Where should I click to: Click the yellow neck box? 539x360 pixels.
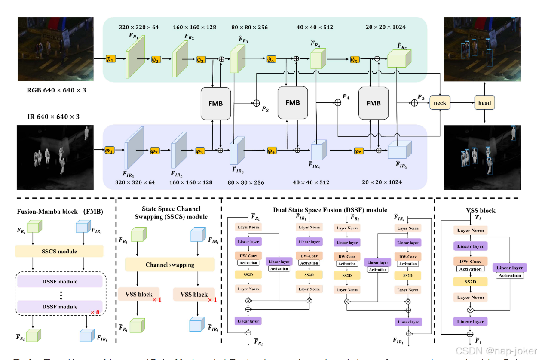tap(440, 103)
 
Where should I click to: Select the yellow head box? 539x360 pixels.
tap(484, 103)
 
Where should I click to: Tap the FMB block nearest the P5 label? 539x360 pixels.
tap(374, 103)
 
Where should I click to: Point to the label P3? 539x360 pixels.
tap(265, 109)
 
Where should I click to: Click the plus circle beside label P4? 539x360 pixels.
tap(338, 103)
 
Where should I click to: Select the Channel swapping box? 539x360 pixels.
tap(170, 265)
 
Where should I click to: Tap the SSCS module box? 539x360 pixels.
tap(59, 251)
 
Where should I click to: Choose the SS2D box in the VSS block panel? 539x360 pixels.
tap(470, 282)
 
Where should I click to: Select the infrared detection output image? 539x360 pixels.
tap(482, 157)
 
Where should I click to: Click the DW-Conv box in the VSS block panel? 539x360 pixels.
tap(470, 261)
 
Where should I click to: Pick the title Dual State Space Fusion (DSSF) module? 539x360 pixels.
tap(330, 210)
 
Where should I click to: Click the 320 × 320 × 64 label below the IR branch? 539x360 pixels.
tap(135, 182)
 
